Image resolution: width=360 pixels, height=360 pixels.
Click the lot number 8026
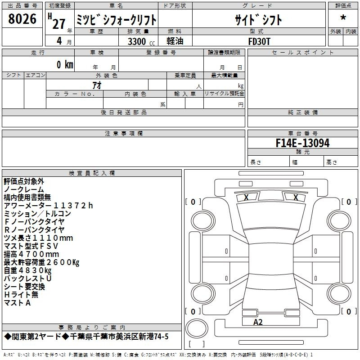pyautogui.click(x=22, y=18)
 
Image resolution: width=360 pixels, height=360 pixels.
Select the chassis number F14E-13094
pyautogui.click(x=302, y=143)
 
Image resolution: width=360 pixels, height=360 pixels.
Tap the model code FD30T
pyautogui.click(x=259, y=41)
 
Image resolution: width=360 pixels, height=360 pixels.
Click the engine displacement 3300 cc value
pyautogui.click(x=141, y=41)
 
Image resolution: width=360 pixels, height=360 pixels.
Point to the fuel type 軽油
pyautogui.click(x=175, y=41)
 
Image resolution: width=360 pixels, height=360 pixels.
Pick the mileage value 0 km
pyautogui.click(x=65, y=64)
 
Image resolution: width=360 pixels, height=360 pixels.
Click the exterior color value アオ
pyautogui.click(x=97, y=85)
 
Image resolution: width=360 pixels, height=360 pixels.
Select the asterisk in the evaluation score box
pyautogui.click(x=343, y=18)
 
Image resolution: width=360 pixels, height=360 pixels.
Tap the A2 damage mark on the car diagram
pyautogui.click(x=258, y=322)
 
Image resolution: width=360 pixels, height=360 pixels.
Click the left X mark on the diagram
pyautogui.click(x=246, y=197)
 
